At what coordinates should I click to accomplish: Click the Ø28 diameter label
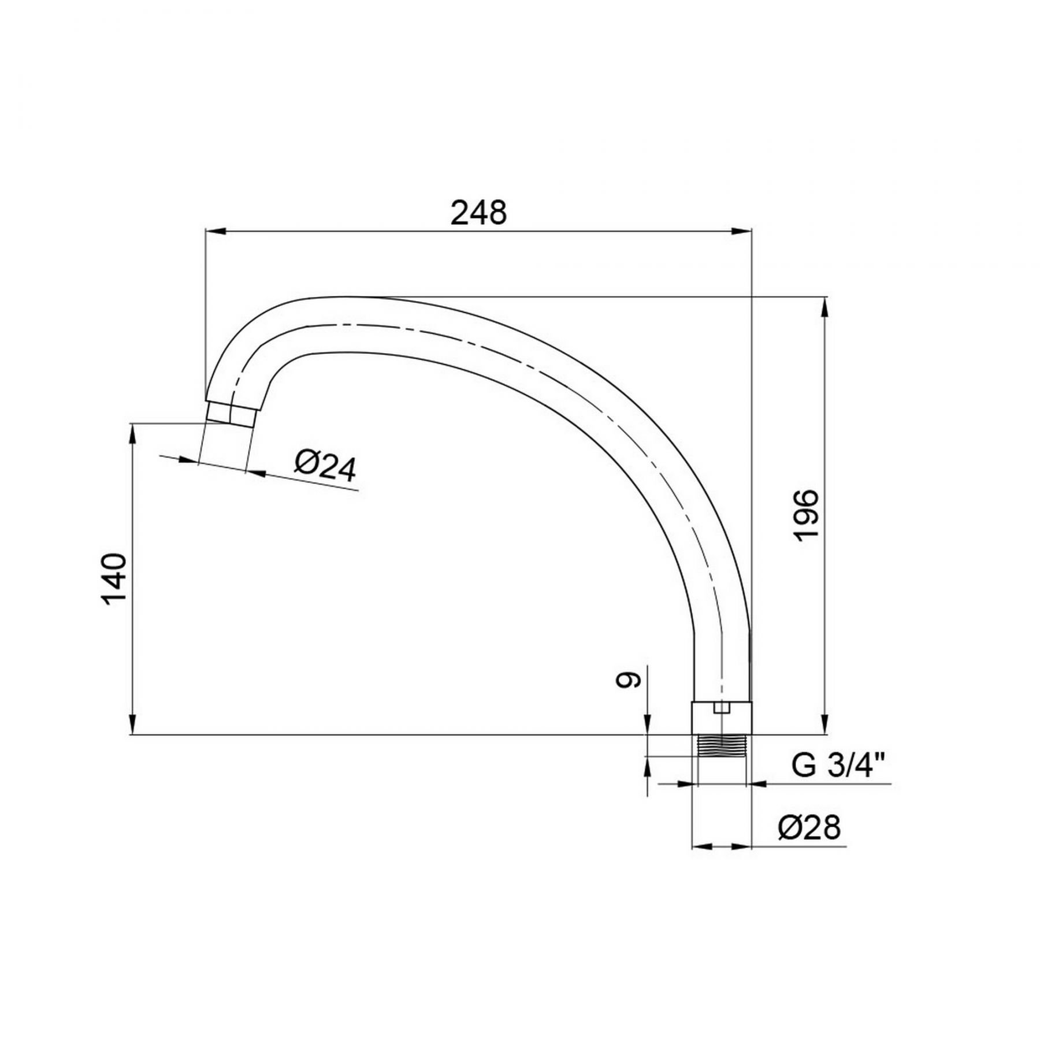[x=809, y=828]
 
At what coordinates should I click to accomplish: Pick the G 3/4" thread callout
[x=838, y=766]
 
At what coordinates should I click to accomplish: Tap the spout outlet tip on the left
[x=231, y=414]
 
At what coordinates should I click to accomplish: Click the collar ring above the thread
[x=722, y=718]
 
